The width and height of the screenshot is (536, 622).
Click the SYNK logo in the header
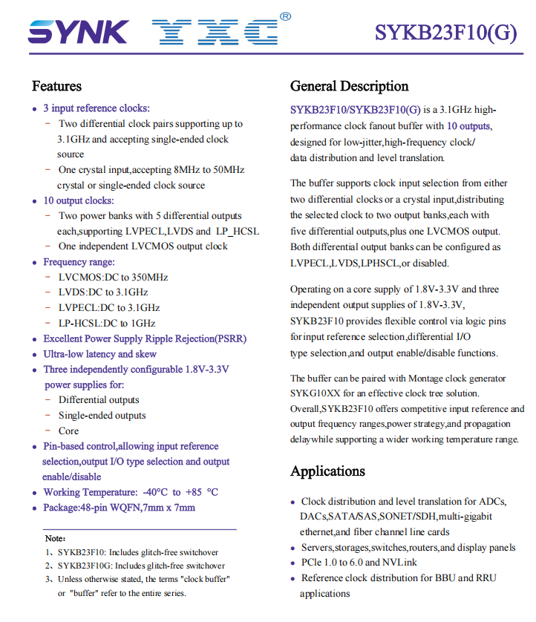click(x=79, y=32)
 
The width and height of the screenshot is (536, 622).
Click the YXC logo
click(x=215, y=32)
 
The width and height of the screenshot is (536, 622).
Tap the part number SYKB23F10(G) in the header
click(x=445, y=33)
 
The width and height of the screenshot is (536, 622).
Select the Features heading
click(x=56, y=86)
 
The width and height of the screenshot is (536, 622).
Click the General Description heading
click(x=349, y=86)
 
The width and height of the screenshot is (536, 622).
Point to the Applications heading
click(x=327, y=471)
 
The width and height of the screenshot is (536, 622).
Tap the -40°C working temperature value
click(x=153, y=492)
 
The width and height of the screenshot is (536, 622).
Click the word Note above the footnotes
click(x=54, y=538)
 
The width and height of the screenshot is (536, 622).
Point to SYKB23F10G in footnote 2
click(x=85, y=566)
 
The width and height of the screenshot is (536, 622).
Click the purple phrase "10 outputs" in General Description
click(x=468, y=126)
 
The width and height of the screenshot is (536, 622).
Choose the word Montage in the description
click(x=438, y=377)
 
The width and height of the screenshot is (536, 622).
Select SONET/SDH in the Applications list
click(x=408, y=517)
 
